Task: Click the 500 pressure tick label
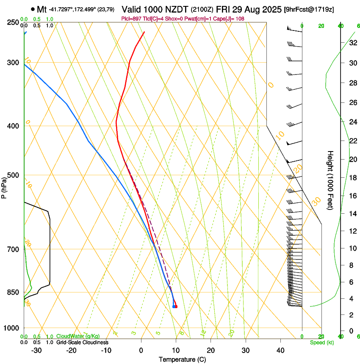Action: [x=13, y=175]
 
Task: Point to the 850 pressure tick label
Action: [x=13, y=292]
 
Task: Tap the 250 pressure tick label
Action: [x=13, y=22]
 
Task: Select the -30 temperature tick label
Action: [x=36, y=350]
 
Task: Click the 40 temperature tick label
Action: [x=280, y=350]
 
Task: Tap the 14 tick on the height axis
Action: [x=352, y=214]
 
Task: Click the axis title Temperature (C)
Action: [x=182, y=359]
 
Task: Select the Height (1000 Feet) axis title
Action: [x=330, y=180]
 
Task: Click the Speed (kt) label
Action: [x=321, y=342]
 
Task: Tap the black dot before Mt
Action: [x=33, y=9]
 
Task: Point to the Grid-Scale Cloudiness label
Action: [x=82, y=342]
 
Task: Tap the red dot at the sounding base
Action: [x=176, y=306]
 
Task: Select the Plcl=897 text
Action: [x=132, y=19]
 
